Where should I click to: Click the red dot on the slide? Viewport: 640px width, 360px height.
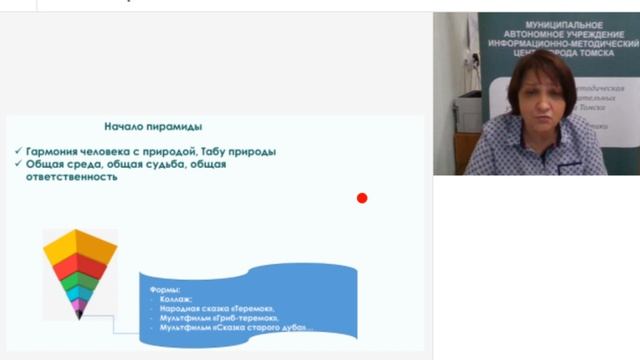(x=362, y=198)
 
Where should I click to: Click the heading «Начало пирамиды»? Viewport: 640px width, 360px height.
(x=153, y=127)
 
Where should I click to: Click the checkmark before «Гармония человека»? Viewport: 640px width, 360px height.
(x=19, y=151)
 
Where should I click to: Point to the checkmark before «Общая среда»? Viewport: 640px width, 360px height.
(x=19, y=164)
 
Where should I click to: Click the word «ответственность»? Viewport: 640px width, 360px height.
(x=72, y=177)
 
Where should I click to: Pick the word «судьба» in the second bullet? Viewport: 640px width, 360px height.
(x=175, y=164)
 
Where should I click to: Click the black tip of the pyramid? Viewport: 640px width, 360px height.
(x=80, y=315)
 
